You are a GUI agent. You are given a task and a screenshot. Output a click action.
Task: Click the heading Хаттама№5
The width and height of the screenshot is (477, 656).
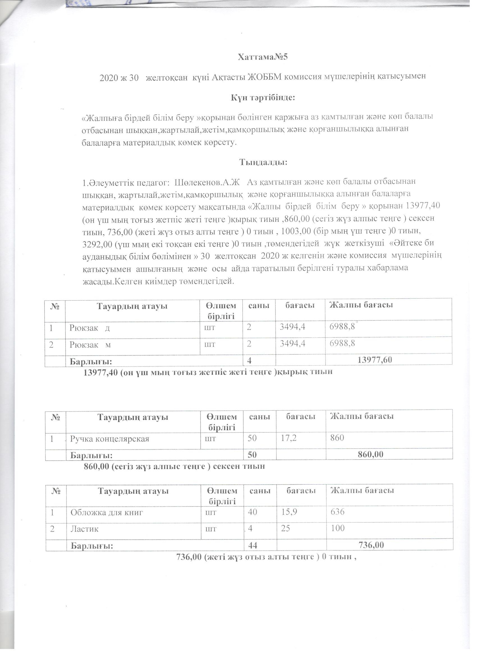263,57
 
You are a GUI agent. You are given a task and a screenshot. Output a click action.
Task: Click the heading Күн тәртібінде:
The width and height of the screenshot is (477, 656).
262,97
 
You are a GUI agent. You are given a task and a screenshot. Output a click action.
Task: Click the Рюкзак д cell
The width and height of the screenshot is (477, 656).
89,328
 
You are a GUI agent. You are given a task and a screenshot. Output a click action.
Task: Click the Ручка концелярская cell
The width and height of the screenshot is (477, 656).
110,439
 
